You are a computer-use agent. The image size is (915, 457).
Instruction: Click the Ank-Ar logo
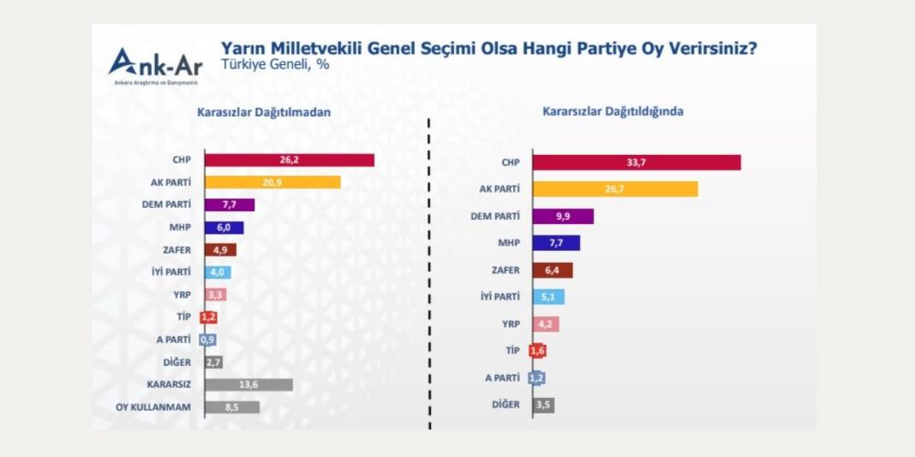click(154, 64)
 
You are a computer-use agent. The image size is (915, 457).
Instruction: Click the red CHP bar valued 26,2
click(290, 160)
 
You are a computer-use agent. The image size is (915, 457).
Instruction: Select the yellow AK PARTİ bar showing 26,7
click(614, 189)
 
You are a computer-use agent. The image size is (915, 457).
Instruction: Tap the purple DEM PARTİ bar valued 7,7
click(230, 205)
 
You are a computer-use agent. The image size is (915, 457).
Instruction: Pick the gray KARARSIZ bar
click(248, 385)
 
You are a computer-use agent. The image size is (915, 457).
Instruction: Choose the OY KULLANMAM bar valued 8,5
click(232, 407)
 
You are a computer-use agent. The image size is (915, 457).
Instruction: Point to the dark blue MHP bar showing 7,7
click(556, 243)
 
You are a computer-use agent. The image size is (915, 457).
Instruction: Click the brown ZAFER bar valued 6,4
click(552, 270)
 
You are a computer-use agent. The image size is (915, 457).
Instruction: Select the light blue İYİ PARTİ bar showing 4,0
click(218, 272)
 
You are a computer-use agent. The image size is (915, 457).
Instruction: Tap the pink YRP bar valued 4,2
click(546, 324)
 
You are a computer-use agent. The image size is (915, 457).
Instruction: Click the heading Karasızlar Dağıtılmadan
click(264, 112)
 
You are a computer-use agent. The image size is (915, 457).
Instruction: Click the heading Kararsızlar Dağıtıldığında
click(613, 112)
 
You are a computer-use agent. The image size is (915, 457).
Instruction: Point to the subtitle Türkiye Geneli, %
click(263, 63)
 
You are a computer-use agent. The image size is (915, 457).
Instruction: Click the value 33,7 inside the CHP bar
click(637, 163)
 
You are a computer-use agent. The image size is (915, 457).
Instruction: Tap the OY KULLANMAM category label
click(153, 407)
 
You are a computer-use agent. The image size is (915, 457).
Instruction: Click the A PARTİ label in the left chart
click(174, 340)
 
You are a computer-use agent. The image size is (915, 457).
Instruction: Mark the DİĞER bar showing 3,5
click(543, 405)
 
